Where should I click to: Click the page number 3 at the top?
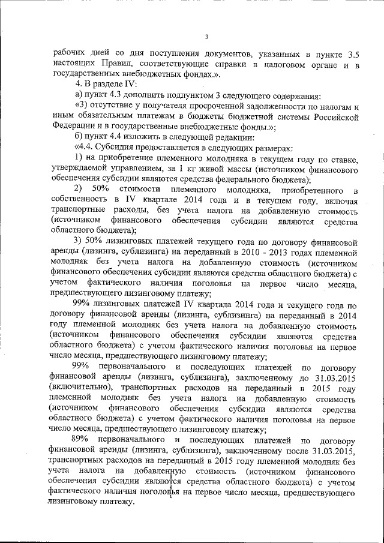click(206, 37)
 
